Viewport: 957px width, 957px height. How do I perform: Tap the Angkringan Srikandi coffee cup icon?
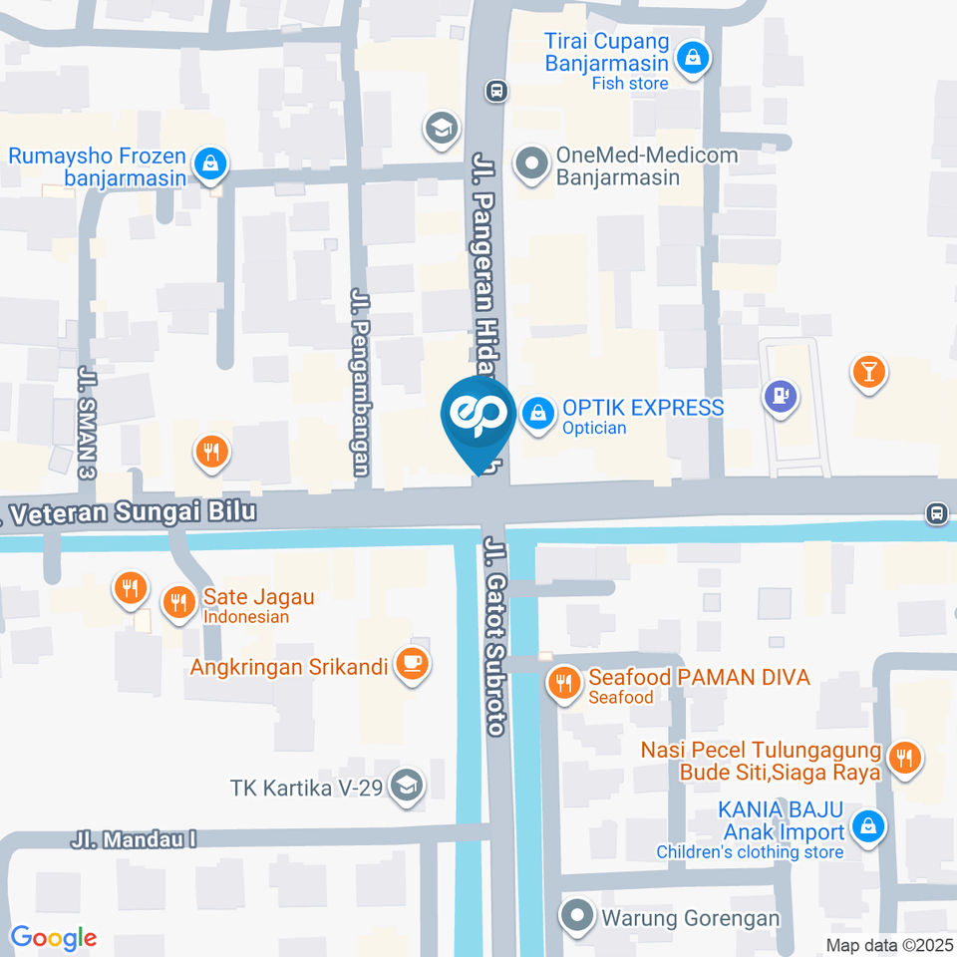click(x=411, y=663)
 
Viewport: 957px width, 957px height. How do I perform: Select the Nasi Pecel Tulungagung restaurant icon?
click(x=905, y=757)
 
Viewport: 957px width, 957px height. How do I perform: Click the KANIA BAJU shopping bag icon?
click(x=869, y=826)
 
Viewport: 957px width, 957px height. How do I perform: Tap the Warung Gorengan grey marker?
click(x=576, y=915)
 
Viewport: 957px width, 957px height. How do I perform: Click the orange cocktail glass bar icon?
click(x=868, y=373)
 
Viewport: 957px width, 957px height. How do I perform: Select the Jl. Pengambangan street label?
click(x=361, y=382)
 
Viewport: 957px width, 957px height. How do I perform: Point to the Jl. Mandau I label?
click(x=133, y=839)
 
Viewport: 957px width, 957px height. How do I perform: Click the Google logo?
click(x=53, y=937)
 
